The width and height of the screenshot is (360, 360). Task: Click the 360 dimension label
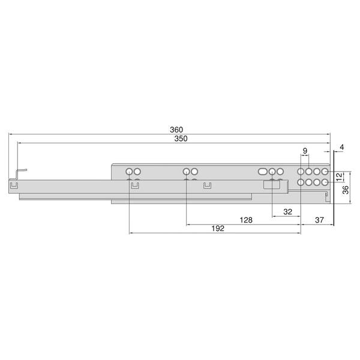[176, 130]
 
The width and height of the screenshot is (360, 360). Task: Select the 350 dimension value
[181, 139]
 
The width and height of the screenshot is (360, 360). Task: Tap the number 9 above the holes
[305, 151]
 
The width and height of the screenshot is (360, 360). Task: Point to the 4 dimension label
[342, 147]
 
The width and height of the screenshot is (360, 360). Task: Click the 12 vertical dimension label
[339, 177]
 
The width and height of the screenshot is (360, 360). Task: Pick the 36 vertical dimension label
[346, 190]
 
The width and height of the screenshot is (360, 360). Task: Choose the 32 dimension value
[287, 212]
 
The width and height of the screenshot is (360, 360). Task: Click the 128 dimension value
[246, 220]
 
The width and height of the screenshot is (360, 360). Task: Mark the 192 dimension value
[218, 229]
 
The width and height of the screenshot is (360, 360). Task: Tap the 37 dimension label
[319, 220]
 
